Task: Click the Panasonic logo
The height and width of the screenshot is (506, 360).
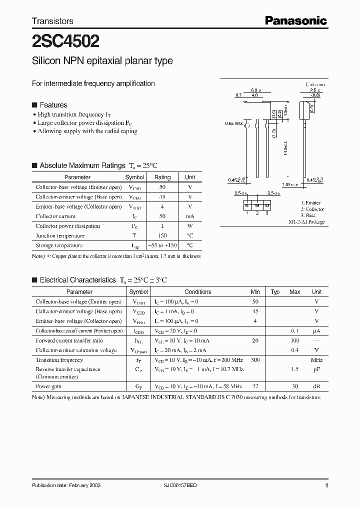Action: [x=295, y=20]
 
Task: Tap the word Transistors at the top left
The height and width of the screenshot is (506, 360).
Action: [x=52, y=21]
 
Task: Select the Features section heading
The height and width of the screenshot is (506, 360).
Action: [x=53, y=105]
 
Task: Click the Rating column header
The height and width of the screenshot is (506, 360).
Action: [x=162, y=177]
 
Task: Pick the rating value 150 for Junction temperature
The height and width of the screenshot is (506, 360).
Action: [x=162, y=235]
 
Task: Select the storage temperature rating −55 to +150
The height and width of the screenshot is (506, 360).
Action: [x=162, y=245]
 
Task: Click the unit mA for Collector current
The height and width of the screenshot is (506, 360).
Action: [x=190, y=216]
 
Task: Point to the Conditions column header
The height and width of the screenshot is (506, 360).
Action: [x=198, y=292]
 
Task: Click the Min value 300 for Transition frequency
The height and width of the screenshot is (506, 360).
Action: [x=255, y=360]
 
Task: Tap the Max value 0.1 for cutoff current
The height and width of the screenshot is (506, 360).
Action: [x=295, y=331]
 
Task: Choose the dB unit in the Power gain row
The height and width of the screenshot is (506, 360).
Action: [x=316, y=386]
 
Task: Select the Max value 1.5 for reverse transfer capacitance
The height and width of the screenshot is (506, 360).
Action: [x=295, y=369]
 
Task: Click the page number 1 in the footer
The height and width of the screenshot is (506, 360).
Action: [x=326, y=486]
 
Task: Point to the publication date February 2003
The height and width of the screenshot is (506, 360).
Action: [x=63, y=486]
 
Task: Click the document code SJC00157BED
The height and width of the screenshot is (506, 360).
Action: [x=182, y=486]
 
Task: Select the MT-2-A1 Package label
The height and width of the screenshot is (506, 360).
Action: [x=306, y=221]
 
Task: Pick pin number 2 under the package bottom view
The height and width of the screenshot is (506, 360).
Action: [x=256, y=213]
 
